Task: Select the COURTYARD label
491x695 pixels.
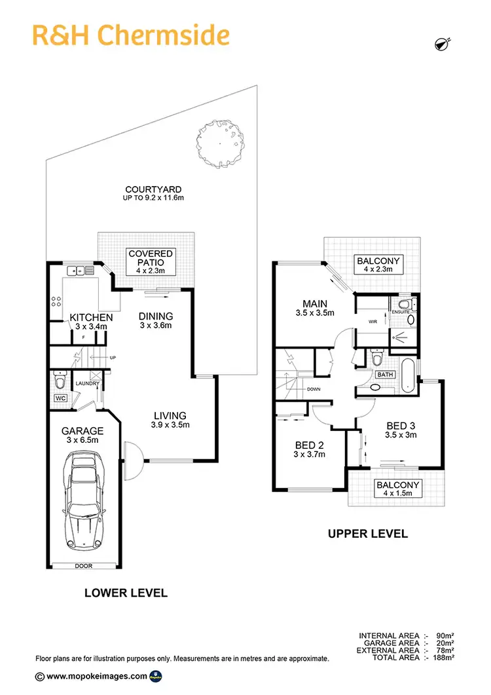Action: [x=153, y=190]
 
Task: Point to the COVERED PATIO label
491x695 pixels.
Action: [x=151, y=258]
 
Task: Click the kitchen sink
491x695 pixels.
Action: [x=82, y=269]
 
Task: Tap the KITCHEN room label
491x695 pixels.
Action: [x=92, y=318]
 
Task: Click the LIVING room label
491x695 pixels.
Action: [x=170, y=415]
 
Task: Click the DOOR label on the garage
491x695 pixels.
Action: [x=82, y=566]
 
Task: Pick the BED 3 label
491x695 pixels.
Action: [x=400, y=425]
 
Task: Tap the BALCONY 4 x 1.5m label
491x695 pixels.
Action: [x=398, y=485]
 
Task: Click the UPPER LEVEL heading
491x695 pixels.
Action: [x=367, y=534]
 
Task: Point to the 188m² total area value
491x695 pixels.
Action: [x=443, y=657]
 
